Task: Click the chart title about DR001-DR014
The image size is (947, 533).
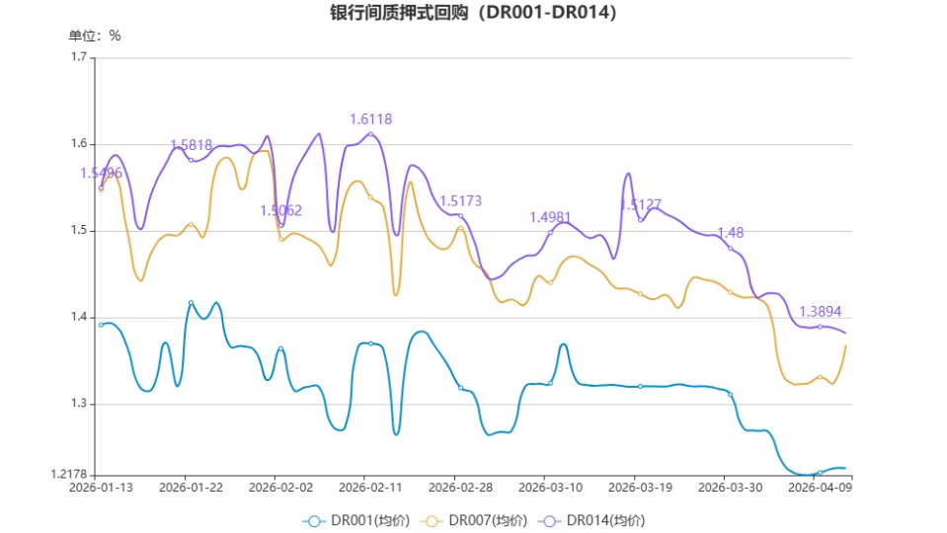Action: coord(473,13)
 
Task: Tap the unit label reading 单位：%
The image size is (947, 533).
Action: coord(95,36)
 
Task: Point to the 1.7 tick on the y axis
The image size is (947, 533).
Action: coord(79,57)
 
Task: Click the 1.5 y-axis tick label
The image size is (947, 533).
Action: coord(79,231)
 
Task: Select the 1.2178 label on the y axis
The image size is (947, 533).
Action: coord(69,476)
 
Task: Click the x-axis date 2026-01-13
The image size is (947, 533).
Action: coord(101,487)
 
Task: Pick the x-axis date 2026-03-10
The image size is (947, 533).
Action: coord(550,487)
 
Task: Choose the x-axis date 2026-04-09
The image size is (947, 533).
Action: coord(820,487)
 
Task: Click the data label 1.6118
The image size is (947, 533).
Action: coord(370,119)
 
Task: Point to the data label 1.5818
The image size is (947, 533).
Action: coord(191,145)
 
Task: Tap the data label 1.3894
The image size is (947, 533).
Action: coord(820,311)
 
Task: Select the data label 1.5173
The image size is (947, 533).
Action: coord(460,201)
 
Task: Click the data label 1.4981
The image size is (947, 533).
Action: coord(550,217)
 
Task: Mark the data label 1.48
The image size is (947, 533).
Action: coord(730,233)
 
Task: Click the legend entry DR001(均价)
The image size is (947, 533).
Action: coord(355,520)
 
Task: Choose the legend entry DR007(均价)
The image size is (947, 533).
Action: coord(474,520)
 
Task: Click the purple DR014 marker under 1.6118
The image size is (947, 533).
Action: coord(370,134)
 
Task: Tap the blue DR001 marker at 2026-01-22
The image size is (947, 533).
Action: coord(191,303)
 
